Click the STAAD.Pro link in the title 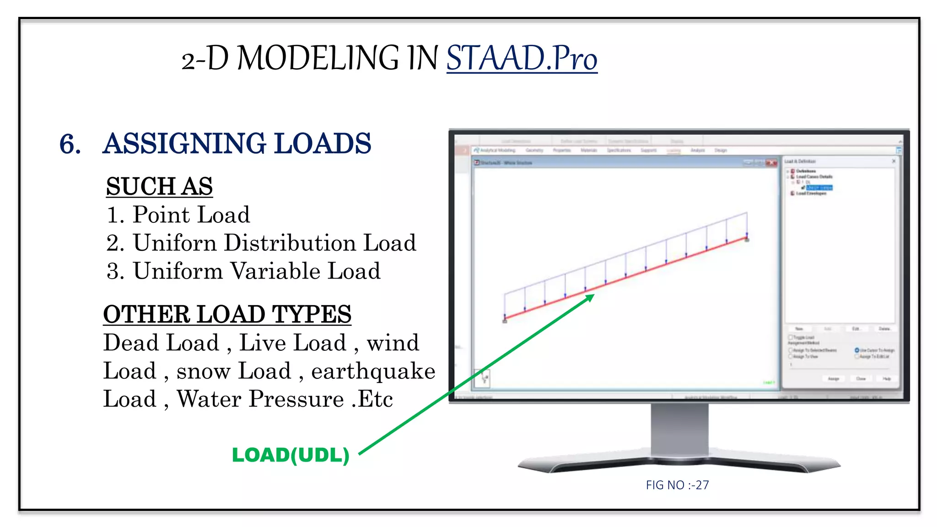522,59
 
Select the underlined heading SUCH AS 159,186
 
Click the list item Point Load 191,215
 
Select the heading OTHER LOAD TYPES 227,314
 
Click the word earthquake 373,371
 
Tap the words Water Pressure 260,399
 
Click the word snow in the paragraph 203,371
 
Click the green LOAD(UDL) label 291,455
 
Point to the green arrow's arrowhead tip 593,295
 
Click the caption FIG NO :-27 677,485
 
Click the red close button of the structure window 771,162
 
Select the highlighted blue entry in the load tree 819,188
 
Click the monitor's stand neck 679,430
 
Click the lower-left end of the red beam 505,318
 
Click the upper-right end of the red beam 746,238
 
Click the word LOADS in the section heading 323,144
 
